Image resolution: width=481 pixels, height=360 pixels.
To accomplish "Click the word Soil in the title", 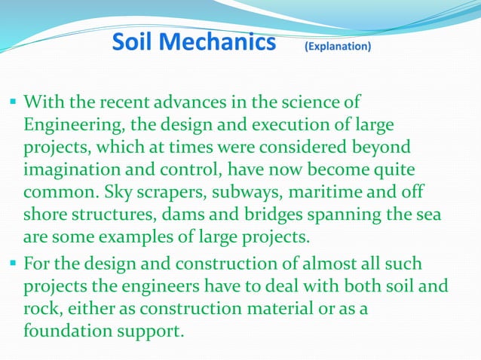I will [x=133, y=43].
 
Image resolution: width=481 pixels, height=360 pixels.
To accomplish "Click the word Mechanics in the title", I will [x=217, y=43].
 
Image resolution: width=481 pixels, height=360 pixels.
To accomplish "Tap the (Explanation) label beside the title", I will [x=337, y=46].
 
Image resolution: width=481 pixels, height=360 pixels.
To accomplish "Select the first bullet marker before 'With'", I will [x=14, y=100].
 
